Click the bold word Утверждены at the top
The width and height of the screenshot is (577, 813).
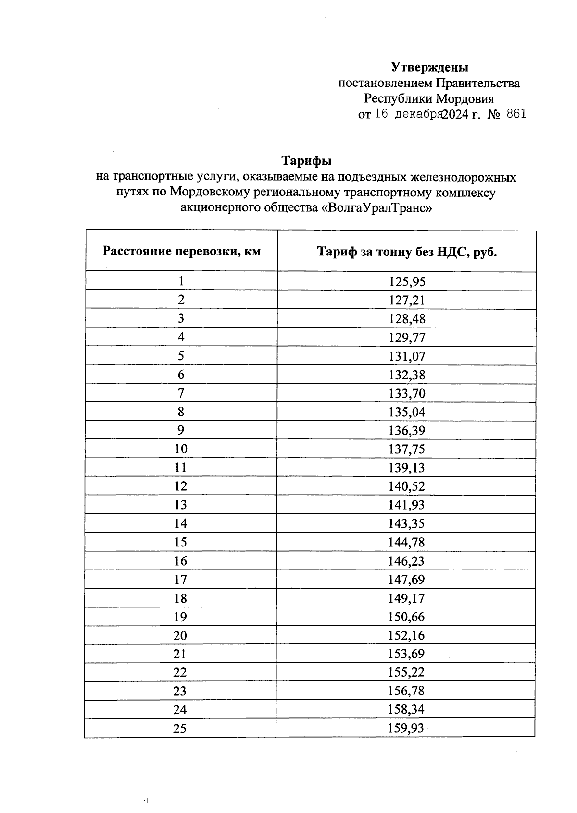[x=429, y=67]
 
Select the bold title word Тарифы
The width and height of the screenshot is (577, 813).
[x=306, y=160]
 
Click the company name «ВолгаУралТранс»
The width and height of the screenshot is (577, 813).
[x=376, y=208]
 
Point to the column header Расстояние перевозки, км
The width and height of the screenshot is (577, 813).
[x=181, y=251]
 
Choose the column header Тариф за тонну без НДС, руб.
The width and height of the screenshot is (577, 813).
[x=407, y=252]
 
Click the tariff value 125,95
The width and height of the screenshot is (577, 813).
[x=407, y=281]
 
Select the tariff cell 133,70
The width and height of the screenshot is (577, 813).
[x=407, y=394]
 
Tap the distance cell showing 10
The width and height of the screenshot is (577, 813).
[x=181, y=449]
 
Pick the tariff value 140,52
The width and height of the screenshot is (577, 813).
[x=407, y=486]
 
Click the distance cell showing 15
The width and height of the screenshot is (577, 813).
[x=180, y=542]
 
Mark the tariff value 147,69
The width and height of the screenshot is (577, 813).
[x=406, y=580]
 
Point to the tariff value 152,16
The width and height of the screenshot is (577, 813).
[x=406, y=636]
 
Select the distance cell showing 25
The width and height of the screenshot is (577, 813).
[x=180, y=728]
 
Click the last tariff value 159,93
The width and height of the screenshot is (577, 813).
[x=406, y=728]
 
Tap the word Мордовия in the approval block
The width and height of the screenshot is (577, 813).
[x=465, y=99]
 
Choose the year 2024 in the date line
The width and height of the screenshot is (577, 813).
[x=455, y=115]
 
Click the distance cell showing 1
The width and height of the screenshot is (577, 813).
[x=181, y=281]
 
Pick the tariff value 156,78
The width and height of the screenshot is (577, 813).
[x=406, y=692]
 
